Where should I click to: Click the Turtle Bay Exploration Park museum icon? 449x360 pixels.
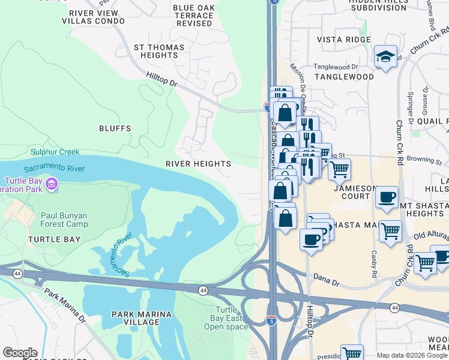(x=52, y=184)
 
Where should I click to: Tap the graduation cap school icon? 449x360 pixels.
(x=385, y=56)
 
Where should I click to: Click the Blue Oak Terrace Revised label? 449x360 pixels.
(x=193, y=16)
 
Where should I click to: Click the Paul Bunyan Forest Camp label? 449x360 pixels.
(x=64, y=220)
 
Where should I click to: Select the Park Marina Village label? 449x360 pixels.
(x=142, y=318)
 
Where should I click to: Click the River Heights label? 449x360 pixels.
(x=198, y=164)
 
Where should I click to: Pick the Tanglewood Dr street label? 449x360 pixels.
(x=337, y=67)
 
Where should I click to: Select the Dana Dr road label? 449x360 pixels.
(x=328, y=277)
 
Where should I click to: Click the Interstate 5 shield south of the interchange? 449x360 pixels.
(x=271, y=321)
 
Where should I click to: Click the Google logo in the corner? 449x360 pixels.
(x=19, y=353)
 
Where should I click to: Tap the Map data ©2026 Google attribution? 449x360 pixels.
(x=411, y=355)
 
